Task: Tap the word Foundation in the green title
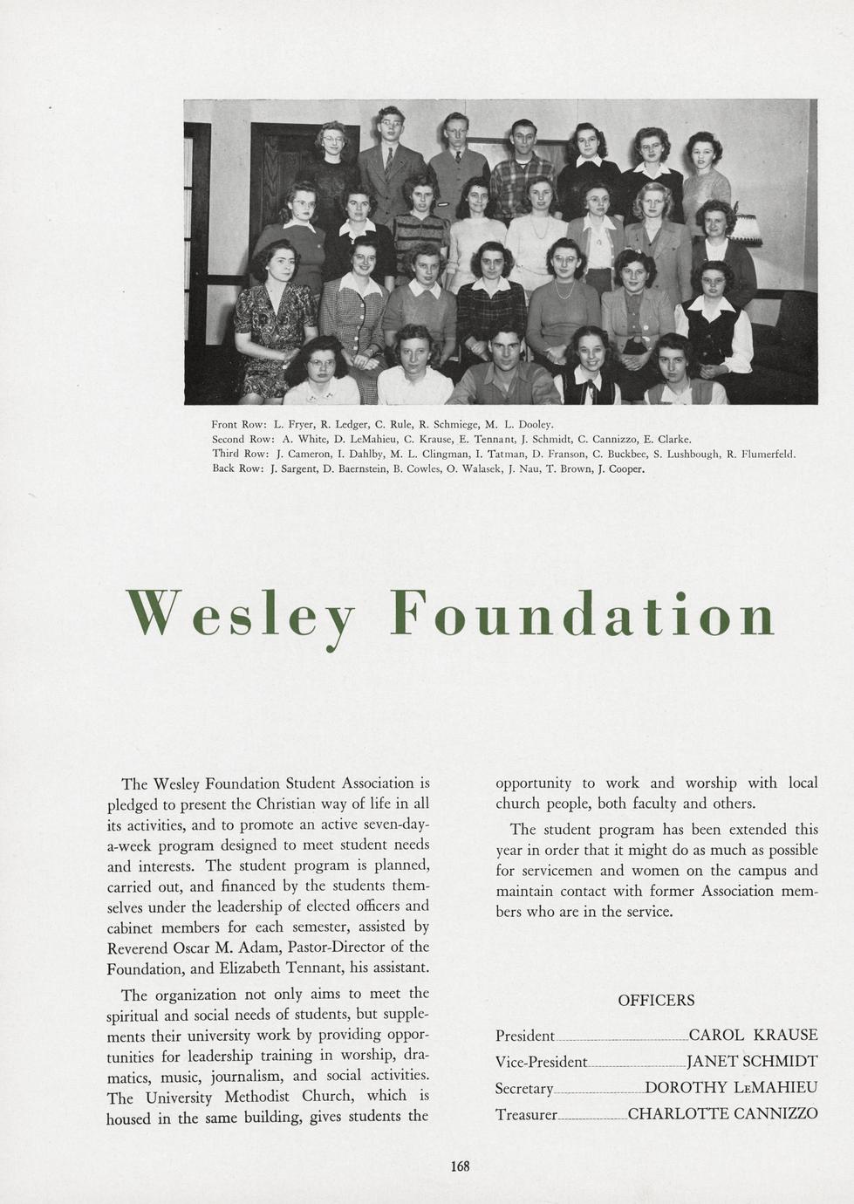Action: pos(582,614)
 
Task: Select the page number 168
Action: pos(461,1166)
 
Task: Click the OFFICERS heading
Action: pos(656,1001)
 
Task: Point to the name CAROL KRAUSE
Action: pos(753,1036)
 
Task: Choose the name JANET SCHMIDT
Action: pos(752,1062)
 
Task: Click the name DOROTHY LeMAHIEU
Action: pos(731,1088)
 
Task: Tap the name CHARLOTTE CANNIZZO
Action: pos(722,1114)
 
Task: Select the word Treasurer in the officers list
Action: pos(526,1115)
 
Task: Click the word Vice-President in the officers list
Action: pos(541,1062)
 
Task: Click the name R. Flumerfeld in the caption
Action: pos(762,454)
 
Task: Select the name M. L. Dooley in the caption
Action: pos(519,424)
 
